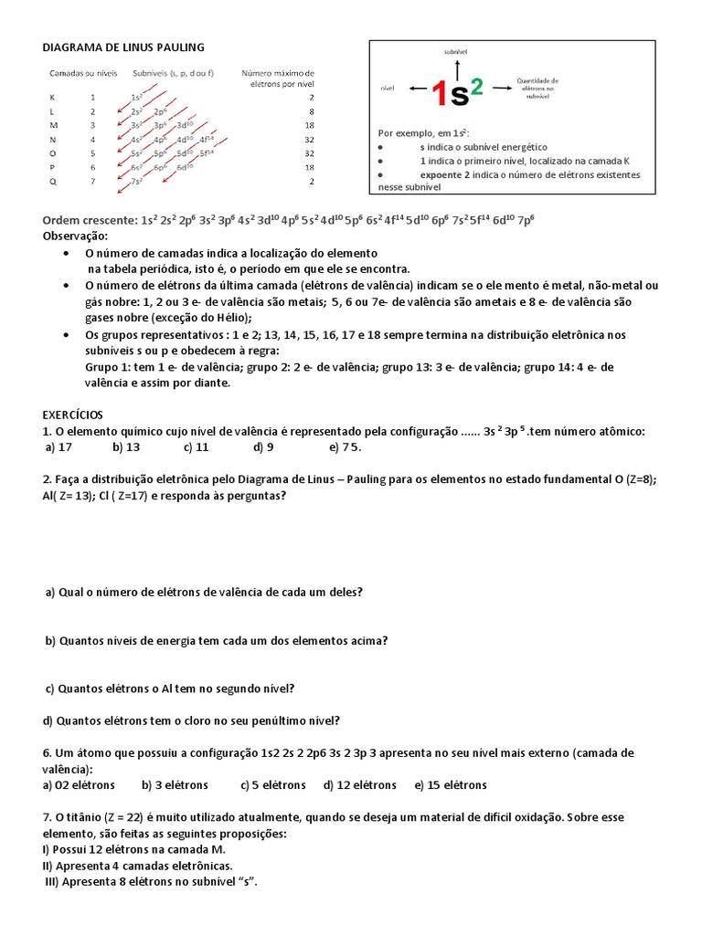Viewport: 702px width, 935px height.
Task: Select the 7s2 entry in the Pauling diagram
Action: (x=136, y=182)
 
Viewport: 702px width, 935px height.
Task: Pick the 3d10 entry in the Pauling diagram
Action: (x=185, y=124)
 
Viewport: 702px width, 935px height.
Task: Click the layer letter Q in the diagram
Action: (x=53, y=182)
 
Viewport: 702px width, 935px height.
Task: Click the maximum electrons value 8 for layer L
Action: (x=311, y=110)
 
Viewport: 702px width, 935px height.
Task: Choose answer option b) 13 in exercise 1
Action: (x=126, y=447)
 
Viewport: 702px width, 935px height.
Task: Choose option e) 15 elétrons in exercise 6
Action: (x=451, y=784)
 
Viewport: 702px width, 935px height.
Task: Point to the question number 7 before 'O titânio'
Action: (x=47, y=816)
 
